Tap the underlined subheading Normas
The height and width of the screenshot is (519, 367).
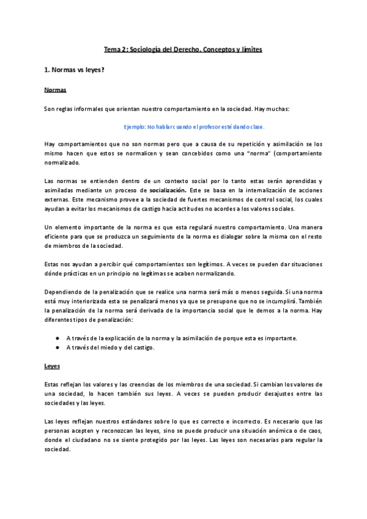point(55,90)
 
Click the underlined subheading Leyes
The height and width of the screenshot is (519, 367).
point(53,367)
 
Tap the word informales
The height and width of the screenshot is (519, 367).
point(81,108)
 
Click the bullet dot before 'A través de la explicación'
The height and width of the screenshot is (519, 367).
point(57,338)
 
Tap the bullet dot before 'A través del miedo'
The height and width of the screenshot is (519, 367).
point(57,348)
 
